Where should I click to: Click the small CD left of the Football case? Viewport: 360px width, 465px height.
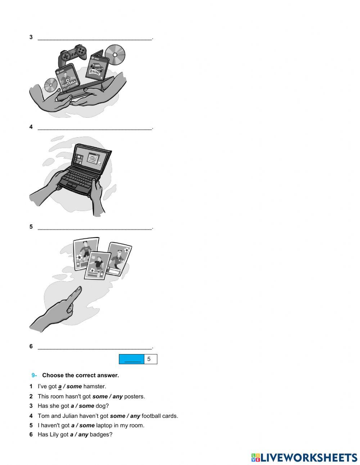(51, 85)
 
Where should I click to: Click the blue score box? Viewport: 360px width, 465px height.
(132, 359)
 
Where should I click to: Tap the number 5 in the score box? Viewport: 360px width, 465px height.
(149, 359)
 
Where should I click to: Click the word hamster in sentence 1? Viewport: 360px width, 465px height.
(94, 386)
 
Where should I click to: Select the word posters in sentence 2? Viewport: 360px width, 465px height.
(134, 397)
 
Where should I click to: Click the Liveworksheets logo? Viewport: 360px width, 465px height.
(304, 457)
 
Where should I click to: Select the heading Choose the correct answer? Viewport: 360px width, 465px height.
(80, 375)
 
